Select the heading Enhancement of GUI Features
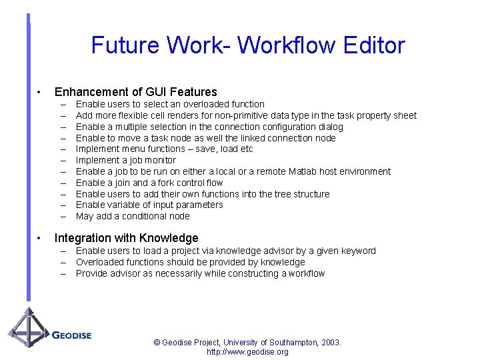pos(136,92)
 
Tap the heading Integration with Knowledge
pos(127,238)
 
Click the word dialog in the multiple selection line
pos(330,127)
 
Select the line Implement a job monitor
pos(126,160)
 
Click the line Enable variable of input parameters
pos(149,205)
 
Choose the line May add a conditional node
pos(133,216)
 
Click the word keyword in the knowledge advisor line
pos(357,251)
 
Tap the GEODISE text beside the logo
pos(71,335)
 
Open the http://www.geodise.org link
pos(247,352)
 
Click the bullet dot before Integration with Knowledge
pos(40,238)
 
